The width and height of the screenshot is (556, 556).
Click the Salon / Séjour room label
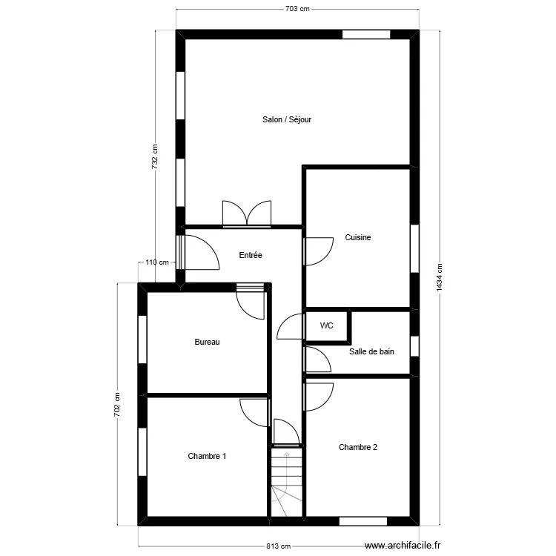pyautogui.click(x=287, y=119)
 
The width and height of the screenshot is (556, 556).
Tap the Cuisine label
pyautogui.click(x=358, y=237)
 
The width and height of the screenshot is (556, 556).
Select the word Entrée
pyautogui.click(x=251, y=255)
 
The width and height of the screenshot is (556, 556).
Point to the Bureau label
pyautogui.click(x=207, y=342)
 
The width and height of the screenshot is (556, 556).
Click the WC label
pyautogui.click(x=327, y=325)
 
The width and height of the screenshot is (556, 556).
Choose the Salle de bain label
pyautogui.click(x=371, y=351)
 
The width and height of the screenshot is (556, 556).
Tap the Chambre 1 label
pyautogui.click(x=207, y=456)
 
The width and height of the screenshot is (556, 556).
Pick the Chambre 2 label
pyautogui.click(x=358, y=447)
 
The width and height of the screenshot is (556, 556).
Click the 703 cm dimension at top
pyautogui.click(x=297, y=9)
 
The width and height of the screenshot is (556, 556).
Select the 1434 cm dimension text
pyautogui.click(x=440, y=278)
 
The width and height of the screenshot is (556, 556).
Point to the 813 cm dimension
pyautogui.click(x=279, y=546)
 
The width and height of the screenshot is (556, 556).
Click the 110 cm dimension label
pyautogui.click(x=157, y=262)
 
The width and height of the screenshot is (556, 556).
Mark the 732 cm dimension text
pyautogui.click(x=155, y=156)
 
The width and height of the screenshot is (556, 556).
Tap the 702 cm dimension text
pyautogui.click(x=117, y=405)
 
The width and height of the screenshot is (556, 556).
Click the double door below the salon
pyautogui.click(x=247, y=214)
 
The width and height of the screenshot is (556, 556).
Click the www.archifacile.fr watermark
pyautogui.click(x=403, y=546)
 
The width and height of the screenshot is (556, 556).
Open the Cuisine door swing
pyautogui.click(x=319, y=251)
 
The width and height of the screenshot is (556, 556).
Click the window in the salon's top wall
pyautogui.click(x=366, y=34)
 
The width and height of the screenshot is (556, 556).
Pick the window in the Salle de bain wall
pyautogui.click(x=414, y=345)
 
